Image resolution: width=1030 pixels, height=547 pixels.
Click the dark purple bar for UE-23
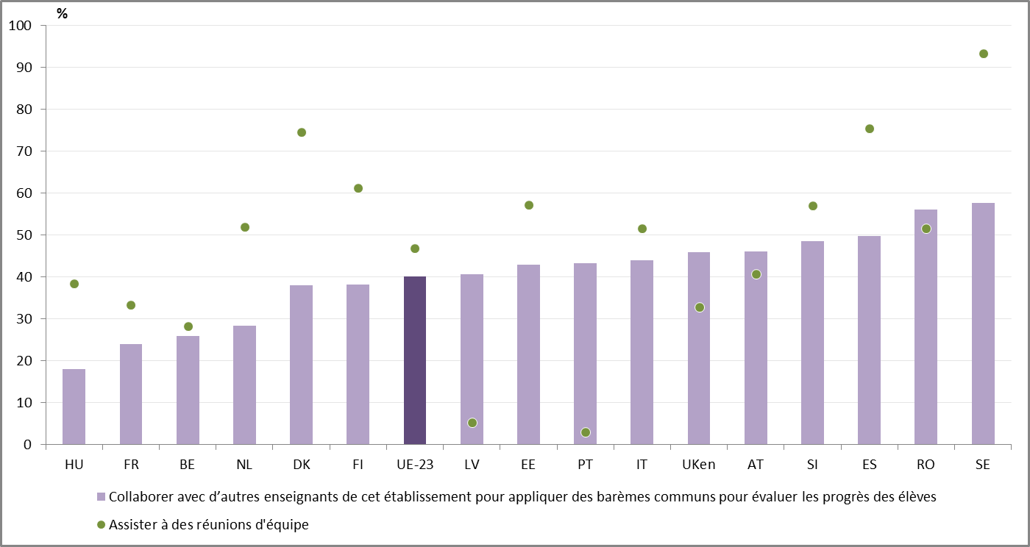point(415,360)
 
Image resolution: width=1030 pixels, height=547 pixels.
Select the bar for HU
point(74,407)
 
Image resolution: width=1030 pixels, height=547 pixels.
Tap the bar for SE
point(983,323)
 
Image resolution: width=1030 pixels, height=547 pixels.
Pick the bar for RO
point(926,327)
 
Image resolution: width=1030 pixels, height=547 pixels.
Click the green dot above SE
point(984,54)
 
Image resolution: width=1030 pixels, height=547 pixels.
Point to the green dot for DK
point(302,132)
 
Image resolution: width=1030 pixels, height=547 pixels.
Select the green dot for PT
point(586,432)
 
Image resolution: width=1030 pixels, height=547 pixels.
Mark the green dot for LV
point(472,423)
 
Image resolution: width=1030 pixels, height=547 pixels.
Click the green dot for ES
point(870,129)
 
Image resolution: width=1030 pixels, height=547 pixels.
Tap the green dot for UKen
point(700,307)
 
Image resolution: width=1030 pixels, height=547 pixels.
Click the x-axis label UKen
point(699,465)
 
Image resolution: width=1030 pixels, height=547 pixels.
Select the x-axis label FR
point(131,465)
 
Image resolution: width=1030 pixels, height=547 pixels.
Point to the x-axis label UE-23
point(415,465)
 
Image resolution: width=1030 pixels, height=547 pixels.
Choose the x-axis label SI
point(812,465)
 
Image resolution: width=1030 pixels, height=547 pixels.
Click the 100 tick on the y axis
point(21,26)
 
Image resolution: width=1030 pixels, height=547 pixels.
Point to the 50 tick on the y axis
point(24,235)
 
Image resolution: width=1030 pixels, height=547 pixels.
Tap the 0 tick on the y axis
point(27,445)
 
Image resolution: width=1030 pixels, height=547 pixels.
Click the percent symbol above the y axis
point(62,13)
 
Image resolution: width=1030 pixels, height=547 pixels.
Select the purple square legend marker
point(102,497)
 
